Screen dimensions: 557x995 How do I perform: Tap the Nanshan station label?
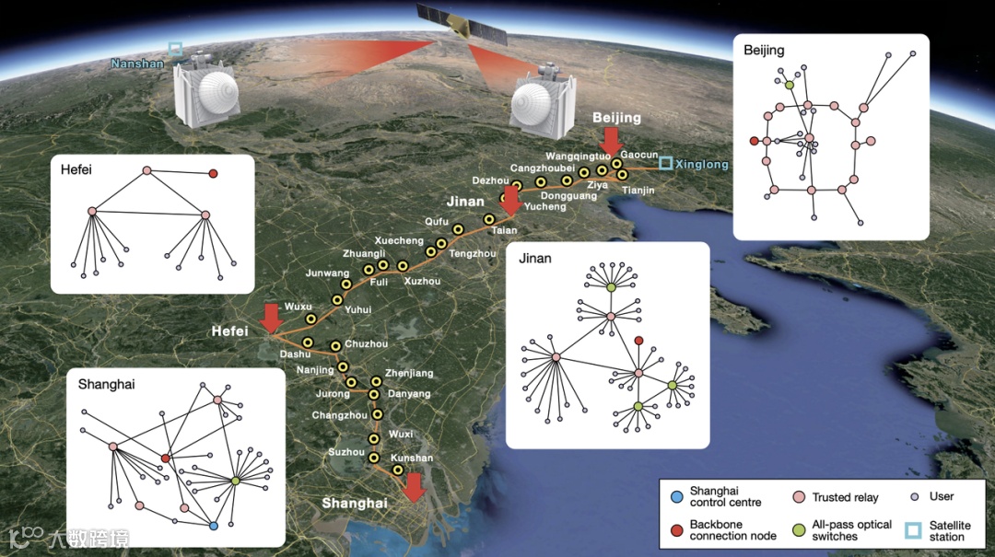[136, 64]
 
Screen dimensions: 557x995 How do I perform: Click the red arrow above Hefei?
[270, 318]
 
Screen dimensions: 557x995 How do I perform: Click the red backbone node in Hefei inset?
[213, 173]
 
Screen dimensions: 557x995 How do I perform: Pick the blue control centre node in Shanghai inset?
[213, 526]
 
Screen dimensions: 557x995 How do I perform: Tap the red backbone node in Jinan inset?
[638, 341]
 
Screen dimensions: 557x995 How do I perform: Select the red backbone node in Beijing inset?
[754, 141]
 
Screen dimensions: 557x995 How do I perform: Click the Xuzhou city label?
[422, 281]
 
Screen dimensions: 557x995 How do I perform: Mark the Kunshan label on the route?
[411, 458]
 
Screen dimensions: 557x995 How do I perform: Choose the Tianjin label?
[638, 191]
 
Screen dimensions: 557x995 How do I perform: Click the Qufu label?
[436, 221]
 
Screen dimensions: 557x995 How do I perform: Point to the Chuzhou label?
[366, 344]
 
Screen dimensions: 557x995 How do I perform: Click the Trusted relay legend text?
[845, 497]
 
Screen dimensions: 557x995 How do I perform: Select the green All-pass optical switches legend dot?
[799, 529]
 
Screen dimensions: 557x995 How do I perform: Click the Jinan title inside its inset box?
[535, 259]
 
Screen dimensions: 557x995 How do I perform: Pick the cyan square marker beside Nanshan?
[175, 48]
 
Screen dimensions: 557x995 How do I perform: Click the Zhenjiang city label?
[408, 373]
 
